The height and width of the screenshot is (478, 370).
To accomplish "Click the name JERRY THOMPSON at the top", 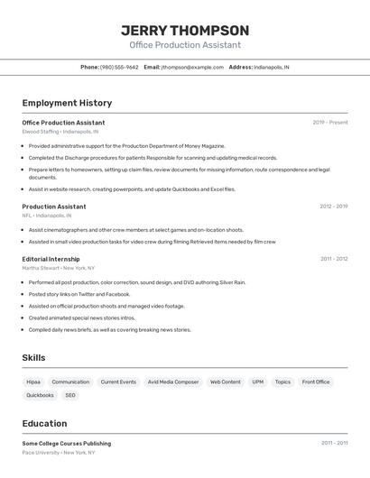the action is pyautogui.click(x=185, y=30).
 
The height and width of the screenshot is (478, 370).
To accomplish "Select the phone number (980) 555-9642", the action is pyautogui.click(x=119, y=67).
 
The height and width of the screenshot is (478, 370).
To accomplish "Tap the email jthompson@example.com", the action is pyautogui.click(x=192, y=67).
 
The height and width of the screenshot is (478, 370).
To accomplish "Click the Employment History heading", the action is pyautogui.click(x=67, y=103).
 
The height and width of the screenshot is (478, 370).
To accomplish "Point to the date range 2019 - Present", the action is pyautogui.click(x=329, y=123).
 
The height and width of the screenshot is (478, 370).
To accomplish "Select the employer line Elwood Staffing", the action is pyautogui.click(x=60, y=132).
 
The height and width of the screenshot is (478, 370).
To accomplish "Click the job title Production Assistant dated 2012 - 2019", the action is pyautogui.click(x=54, y=207).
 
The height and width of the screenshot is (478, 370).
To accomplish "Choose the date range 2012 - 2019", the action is pyautogui.click(x=333, y=207).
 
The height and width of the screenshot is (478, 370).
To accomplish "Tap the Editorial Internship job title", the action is pyautogui.click(x=51, y=259).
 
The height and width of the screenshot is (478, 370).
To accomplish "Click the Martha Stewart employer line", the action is pyautogui.click(x=59, y=268).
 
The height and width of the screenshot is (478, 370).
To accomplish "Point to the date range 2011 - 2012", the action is pyautogui.click(x=334, y=259).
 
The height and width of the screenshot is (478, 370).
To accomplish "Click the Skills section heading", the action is pyautogui.click(x=33, y=358).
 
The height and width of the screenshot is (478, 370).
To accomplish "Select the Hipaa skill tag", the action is pyautogui.click(x=33, y=381).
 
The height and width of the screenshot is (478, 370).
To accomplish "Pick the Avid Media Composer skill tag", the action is pyautogui.click(x=173, y=381).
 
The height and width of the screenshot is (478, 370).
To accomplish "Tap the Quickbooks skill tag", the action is pyautogui.click(x=40, y=395).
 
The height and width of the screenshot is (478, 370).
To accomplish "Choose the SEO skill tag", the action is pyautogui.click(x=70, y=395).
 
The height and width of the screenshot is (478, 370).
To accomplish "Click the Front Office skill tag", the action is pyautogui.click(x=316, y=381).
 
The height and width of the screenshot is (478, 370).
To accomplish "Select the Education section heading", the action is pyautogui.click(x=44, y=423).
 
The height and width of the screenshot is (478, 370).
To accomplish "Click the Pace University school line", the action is pyautogui.click(x=58, y=452).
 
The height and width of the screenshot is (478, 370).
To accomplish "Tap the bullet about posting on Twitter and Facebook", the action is pyautogui.click(x=79, y=294).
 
